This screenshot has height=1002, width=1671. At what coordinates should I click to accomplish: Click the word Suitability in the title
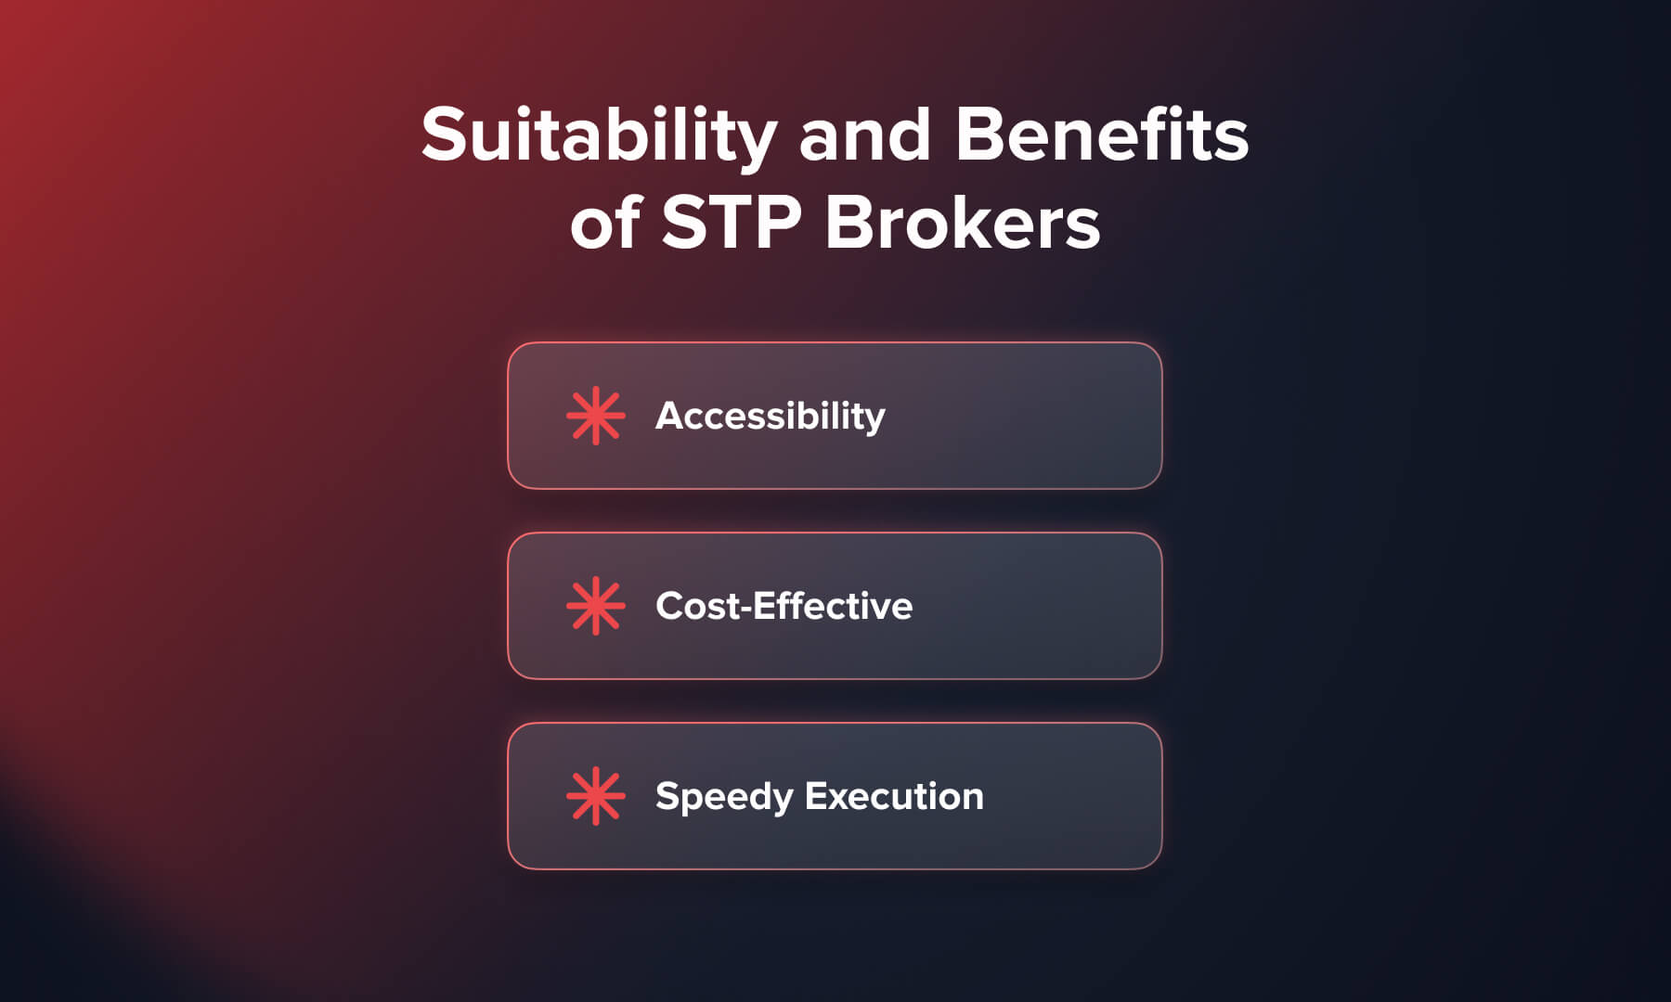pos(599,135)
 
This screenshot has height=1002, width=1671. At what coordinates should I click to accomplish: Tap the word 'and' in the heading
pos(864,135)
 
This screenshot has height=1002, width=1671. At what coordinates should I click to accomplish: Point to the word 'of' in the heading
pos(604,224)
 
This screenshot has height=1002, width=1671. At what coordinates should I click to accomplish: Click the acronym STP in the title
pos(732,224)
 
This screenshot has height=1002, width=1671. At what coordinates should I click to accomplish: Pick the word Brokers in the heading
pos(963,224)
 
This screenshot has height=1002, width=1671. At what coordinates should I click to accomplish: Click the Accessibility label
pos(770,417)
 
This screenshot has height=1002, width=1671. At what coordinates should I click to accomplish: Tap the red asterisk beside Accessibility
pos(595,416)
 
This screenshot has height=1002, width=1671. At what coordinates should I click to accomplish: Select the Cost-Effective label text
pos(784,606)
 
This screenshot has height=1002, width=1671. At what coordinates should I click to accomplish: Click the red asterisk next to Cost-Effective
pos(595,606)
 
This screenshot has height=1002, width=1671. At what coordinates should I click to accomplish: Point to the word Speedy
pos(723,797)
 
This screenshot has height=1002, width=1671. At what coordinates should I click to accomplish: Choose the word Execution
pos(893,796)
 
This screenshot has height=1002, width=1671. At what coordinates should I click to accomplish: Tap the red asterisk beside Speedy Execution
pos(595,796)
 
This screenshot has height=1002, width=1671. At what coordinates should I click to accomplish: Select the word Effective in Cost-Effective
pos(833,606)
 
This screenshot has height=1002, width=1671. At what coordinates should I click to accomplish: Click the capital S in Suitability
pos(442,135)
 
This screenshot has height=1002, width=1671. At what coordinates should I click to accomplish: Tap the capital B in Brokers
pos(848,224)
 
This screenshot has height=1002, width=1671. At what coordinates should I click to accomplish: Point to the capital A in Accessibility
pos(670,416)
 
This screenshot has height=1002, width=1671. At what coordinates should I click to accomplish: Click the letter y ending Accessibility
pos(875,420)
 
